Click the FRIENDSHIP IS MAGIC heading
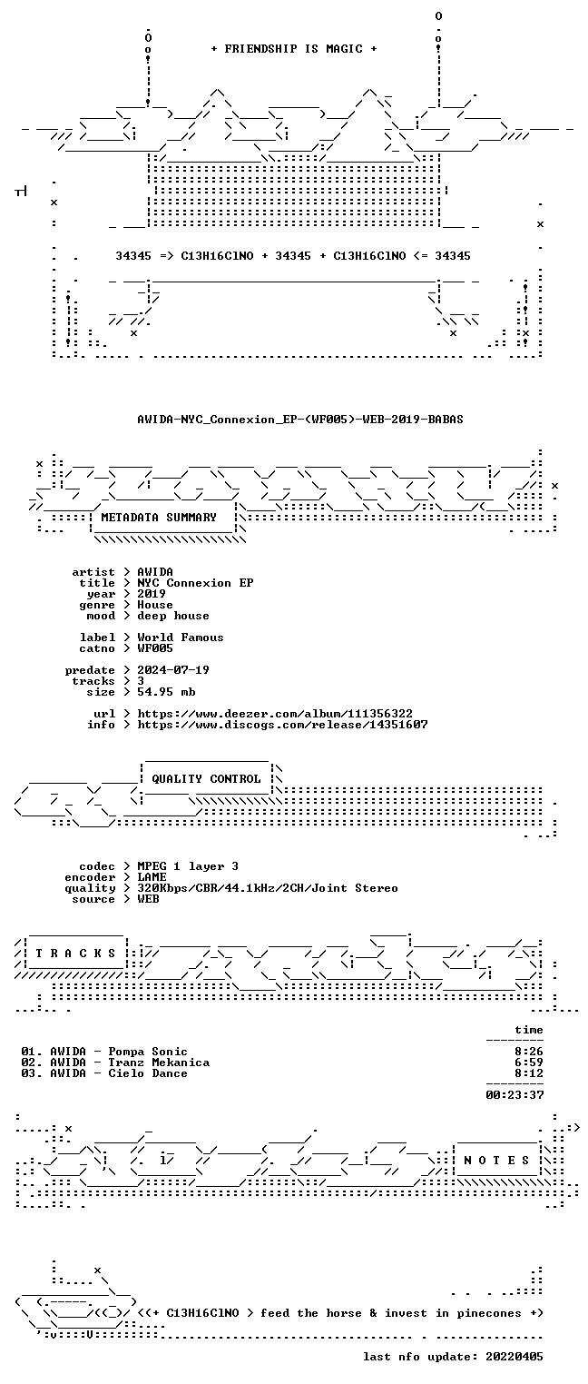293,49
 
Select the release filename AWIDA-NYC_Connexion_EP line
300,420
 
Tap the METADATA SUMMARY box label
159,517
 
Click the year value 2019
152,594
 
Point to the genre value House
155,605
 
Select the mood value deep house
173,616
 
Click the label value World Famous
181,638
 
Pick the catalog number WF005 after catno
155,648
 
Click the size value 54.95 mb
166,692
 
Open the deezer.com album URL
275,714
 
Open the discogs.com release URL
282,725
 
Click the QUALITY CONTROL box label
206,779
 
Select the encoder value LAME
152,877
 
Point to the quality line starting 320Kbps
268,888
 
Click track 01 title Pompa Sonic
148,1052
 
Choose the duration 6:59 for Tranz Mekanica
529,1063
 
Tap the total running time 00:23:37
514,1095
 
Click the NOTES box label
496,1161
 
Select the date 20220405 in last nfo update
514,1357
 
